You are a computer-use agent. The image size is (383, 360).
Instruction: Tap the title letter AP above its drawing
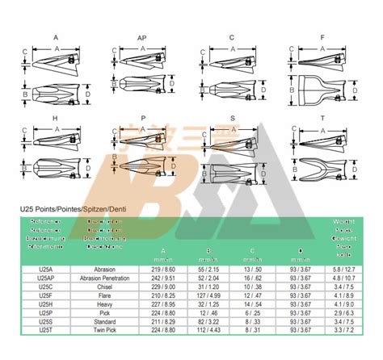pos(142,38)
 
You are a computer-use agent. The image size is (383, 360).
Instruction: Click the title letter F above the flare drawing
pos(322,38)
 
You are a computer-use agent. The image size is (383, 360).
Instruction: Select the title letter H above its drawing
pos(55,118)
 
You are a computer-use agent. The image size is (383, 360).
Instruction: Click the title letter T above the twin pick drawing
pos(322,118)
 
